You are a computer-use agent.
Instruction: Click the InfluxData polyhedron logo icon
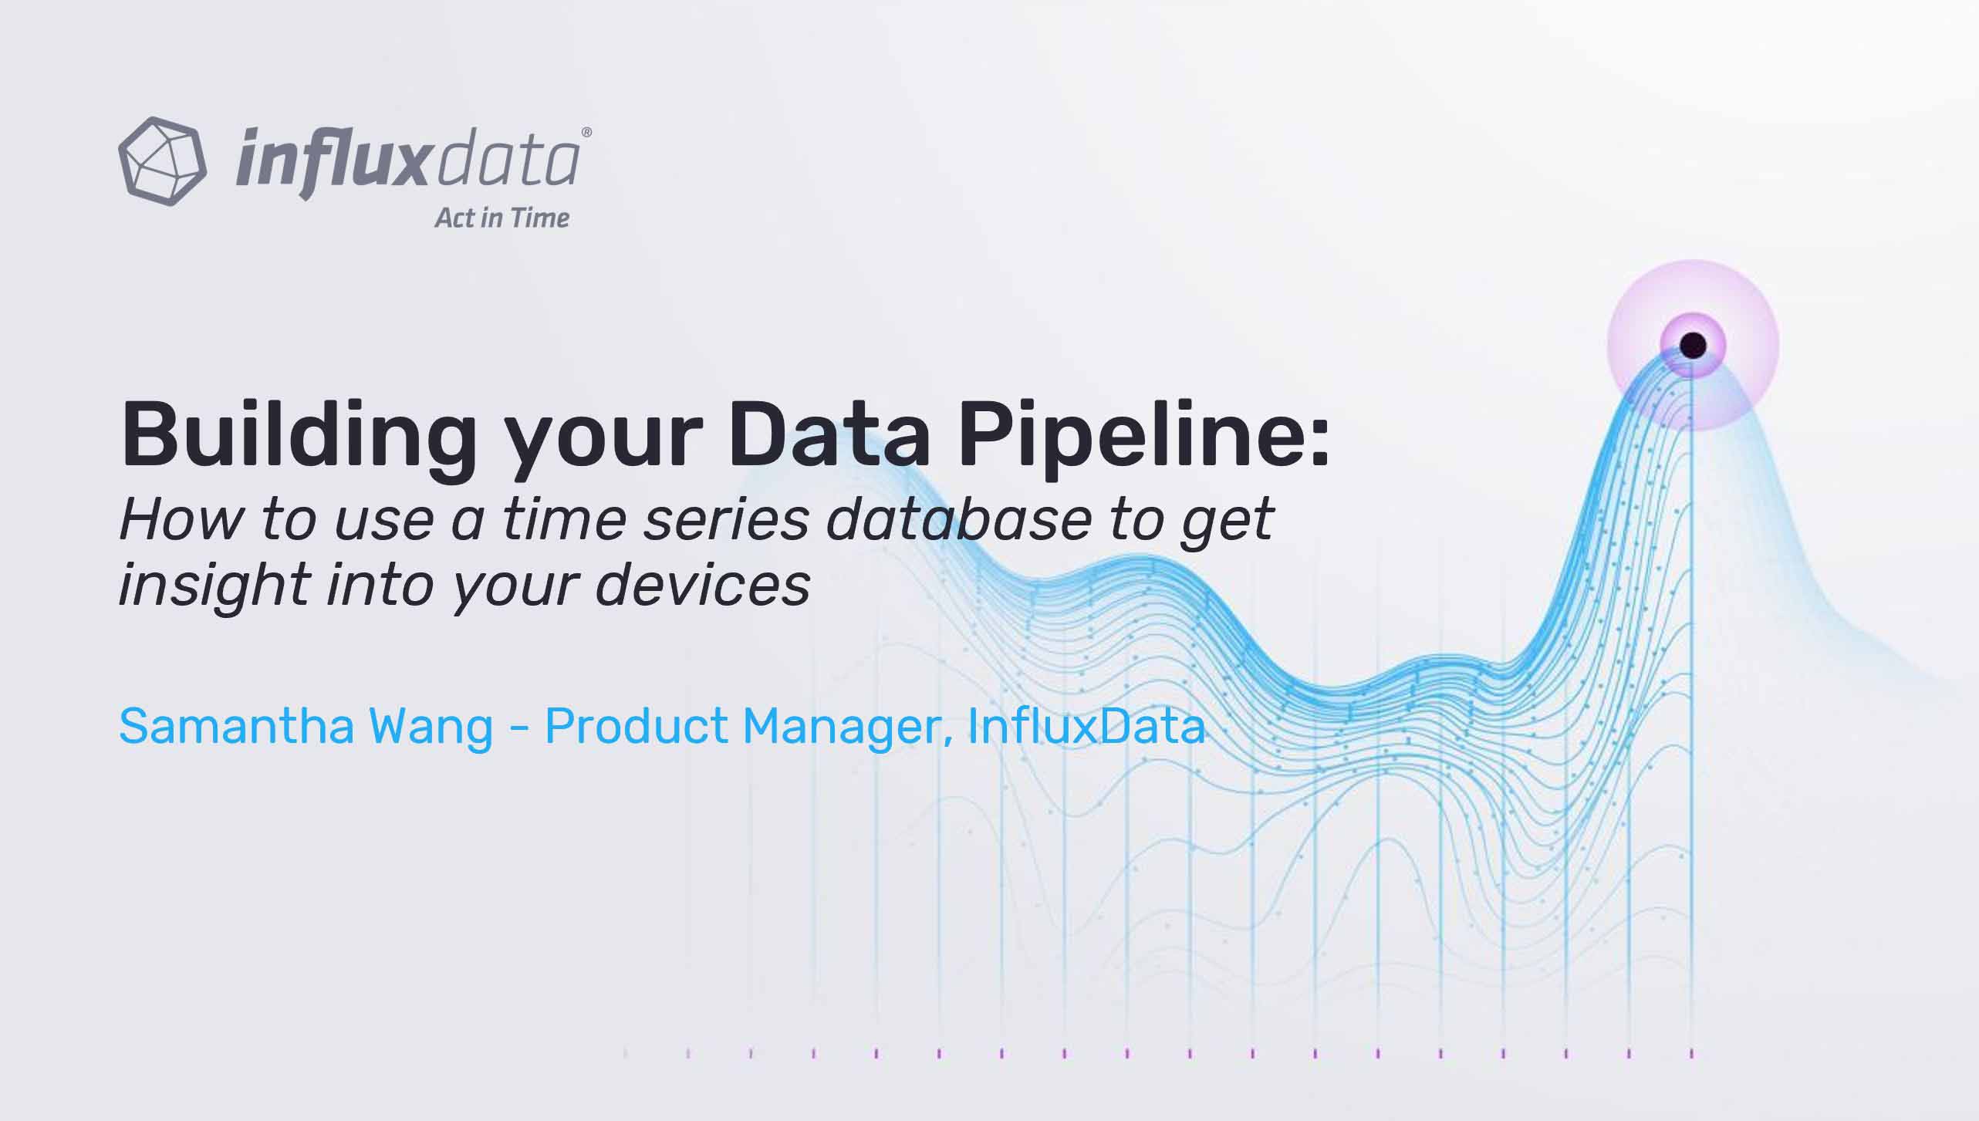[162, 160]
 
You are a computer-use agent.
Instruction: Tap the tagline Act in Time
[502, 218]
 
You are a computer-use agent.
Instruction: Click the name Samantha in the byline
[236, 726]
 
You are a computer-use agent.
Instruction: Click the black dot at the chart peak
[1693, 345]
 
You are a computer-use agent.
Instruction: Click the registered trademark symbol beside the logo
[586, 133]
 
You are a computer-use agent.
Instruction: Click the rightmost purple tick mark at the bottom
[1692, 1053]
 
